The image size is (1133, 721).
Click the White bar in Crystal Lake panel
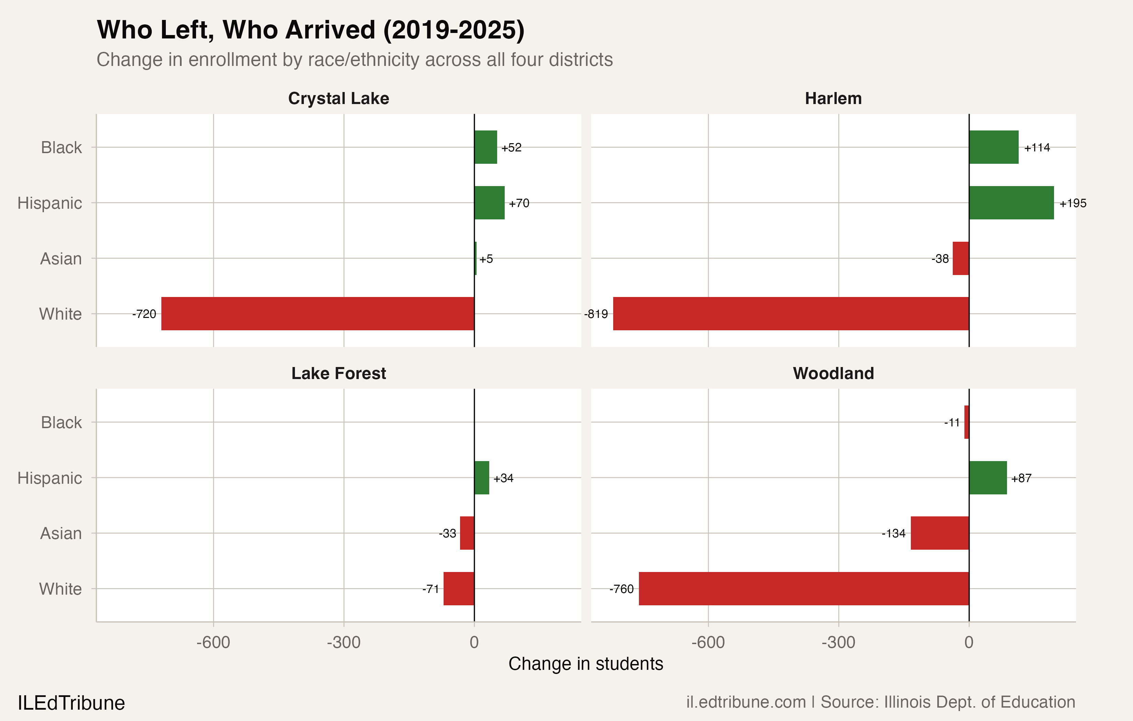click(318, 313)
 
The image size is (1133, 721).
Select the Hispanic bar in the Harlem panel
click(1011, 203)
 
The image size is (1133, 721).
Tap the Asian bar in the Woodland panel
click(940, 533)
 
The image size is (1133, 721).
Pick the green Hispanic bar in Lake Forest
click(482, 478)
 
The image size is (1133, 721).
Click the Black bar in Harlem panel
click(994, 147)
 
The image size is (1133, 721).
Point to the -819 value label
click(596, 314)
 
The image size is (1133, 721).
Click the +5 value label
click(486, 259)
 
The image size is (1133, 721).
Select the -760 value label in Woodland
click(621, 589)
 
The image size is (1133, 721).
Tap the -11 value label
click(952, 423)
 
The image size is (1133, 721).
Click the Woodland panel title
click(833, 373)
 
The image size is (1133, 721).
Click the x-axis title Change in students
click(586, 664)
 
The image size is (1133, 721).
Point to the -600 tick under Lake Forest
click(213, 642)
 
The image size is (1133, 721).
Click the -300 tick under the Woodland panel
click(838, 642)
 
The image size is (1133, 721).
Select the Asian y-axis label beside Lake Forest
click(61, 533)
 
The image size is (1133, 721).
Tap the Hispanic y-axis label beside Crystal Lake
click(49, 203)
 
